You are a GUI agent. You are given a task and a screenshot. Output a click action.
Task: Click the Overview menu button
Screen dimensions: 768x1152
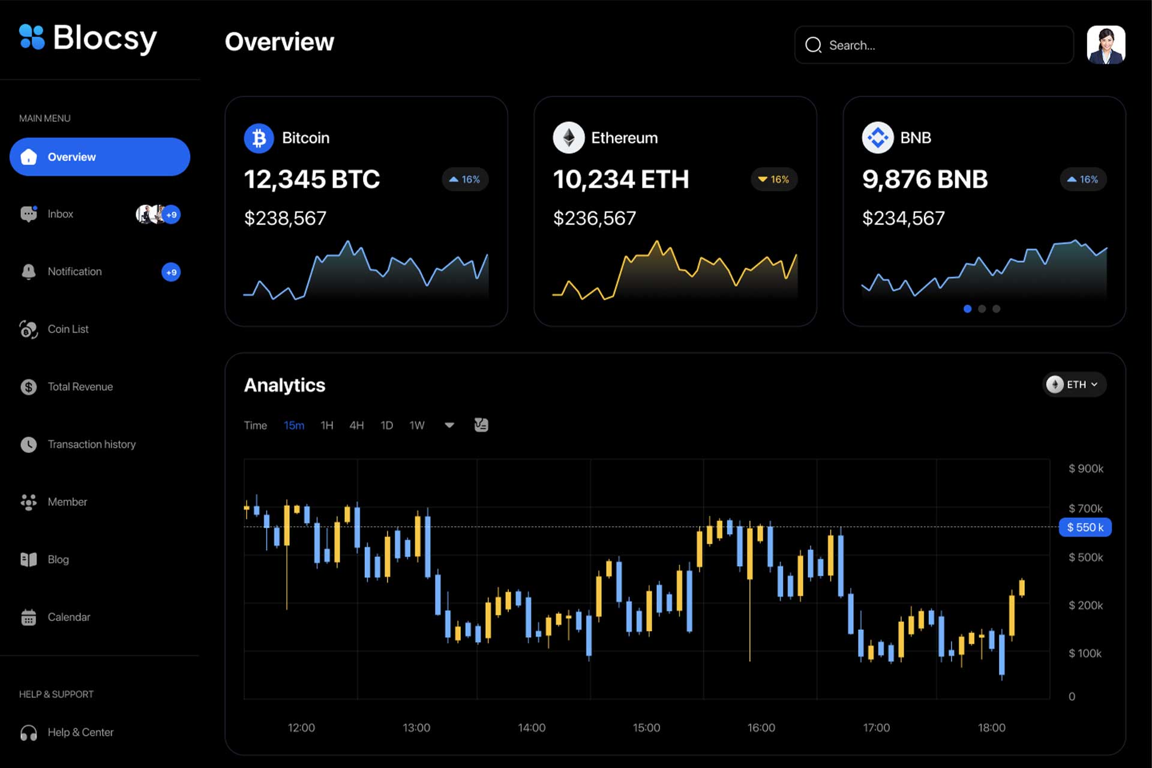(x=100, y=157)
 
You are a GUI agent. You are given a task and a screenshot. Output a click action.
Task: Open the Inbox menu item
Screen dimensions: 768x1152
(x=60, y=214)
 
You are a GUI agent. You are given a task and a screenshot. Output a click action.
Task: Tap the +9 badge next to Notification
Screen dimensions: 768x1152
(x=171, y=272)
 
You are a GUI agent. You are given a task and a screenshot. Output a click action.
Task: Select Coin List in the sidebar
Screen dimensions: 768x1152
(x=68, y=329)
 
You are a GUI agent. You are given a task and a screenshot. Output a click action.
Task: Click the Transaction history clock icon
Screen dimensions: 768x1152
(x=29, y=445)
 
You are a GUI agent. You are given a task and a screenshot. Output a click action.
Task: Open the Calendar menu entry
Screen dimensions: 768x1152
(x=68, y=617)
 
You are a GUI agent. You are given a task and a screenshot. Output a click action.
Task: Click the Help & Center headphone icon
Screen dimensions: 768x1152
(x=29, y=733)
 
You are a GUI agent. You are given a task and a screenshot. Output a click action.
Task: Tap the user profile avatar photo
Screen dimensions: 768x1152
(x=1106, y=44)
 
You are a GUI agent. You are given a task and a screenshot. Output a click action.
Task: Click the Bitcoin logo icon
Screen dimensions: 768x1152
(x=259, y=138)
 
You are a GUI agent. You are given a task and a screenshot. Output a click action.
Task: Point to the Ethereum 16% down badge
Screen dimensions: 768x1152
(x=773, y=179)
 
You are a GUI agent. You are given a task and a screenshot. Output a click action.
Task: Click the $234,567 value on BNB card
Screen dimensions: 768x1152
(x=903, y=218)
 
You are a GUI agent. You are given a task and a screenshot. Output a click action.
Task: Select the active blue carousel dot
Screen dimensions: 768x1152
(x=967, y=309)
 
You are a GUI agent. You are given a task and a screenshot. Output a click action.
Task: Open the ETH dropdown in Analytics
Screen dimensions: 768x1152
(x=1075, y=385)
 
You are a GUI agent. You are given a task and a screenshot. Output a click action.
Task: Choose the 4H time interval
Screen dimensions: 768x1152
(x=356, y=425)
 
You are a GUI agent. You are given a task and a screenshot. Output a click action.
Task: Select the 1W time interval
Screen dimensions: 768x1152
(x=417, y=425)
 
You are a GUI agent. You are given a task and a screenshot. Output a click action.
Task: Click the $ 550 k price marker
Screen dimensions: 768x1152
(x=1085, y=527)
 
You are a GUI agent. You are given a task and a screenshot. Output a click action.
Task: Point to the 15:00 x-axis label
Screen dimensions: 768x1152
(x=646, y=728)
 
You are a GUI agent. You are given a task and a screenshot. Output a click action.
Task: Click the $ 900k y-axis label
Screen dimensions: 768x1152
(x=1085, y=469)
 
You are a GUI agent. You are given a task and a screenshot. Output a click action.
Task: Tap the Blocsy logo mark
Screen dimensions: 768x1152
(x=32, y=37)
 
